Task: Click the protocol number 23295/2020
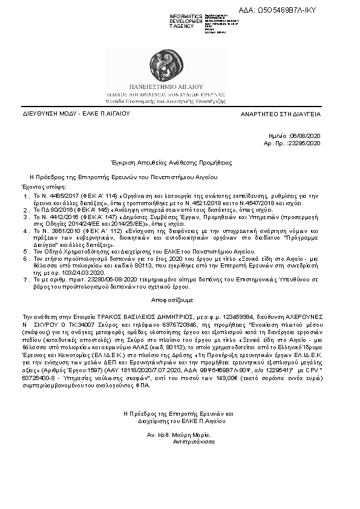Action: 306,143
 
